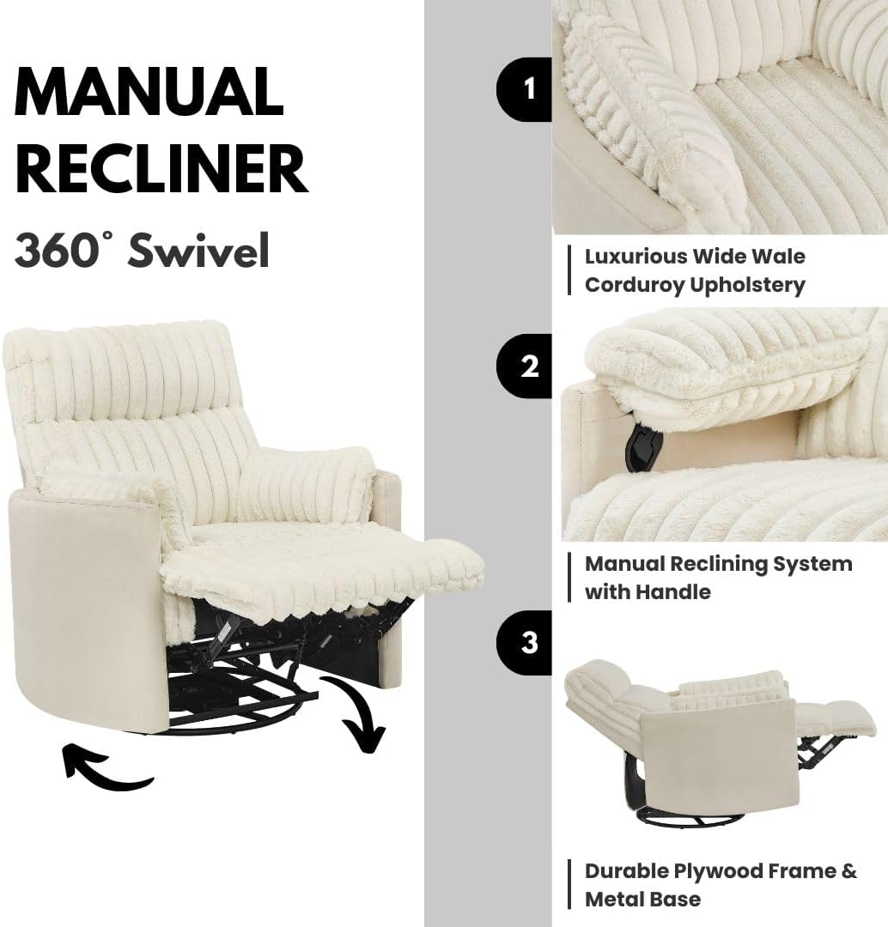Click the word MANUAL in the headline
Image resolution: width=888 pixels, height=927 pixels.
[149, 92]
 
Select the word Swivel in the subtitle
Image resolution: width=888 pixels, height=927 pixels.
[198, 250]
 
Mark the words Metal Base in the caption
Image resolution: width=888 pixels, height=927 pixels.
[642, 900]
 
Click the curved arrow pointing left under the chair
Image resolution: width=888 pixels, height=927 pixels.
[106, 767]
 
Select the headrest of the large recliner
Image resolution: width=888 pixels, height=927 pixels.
[119, 369]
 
